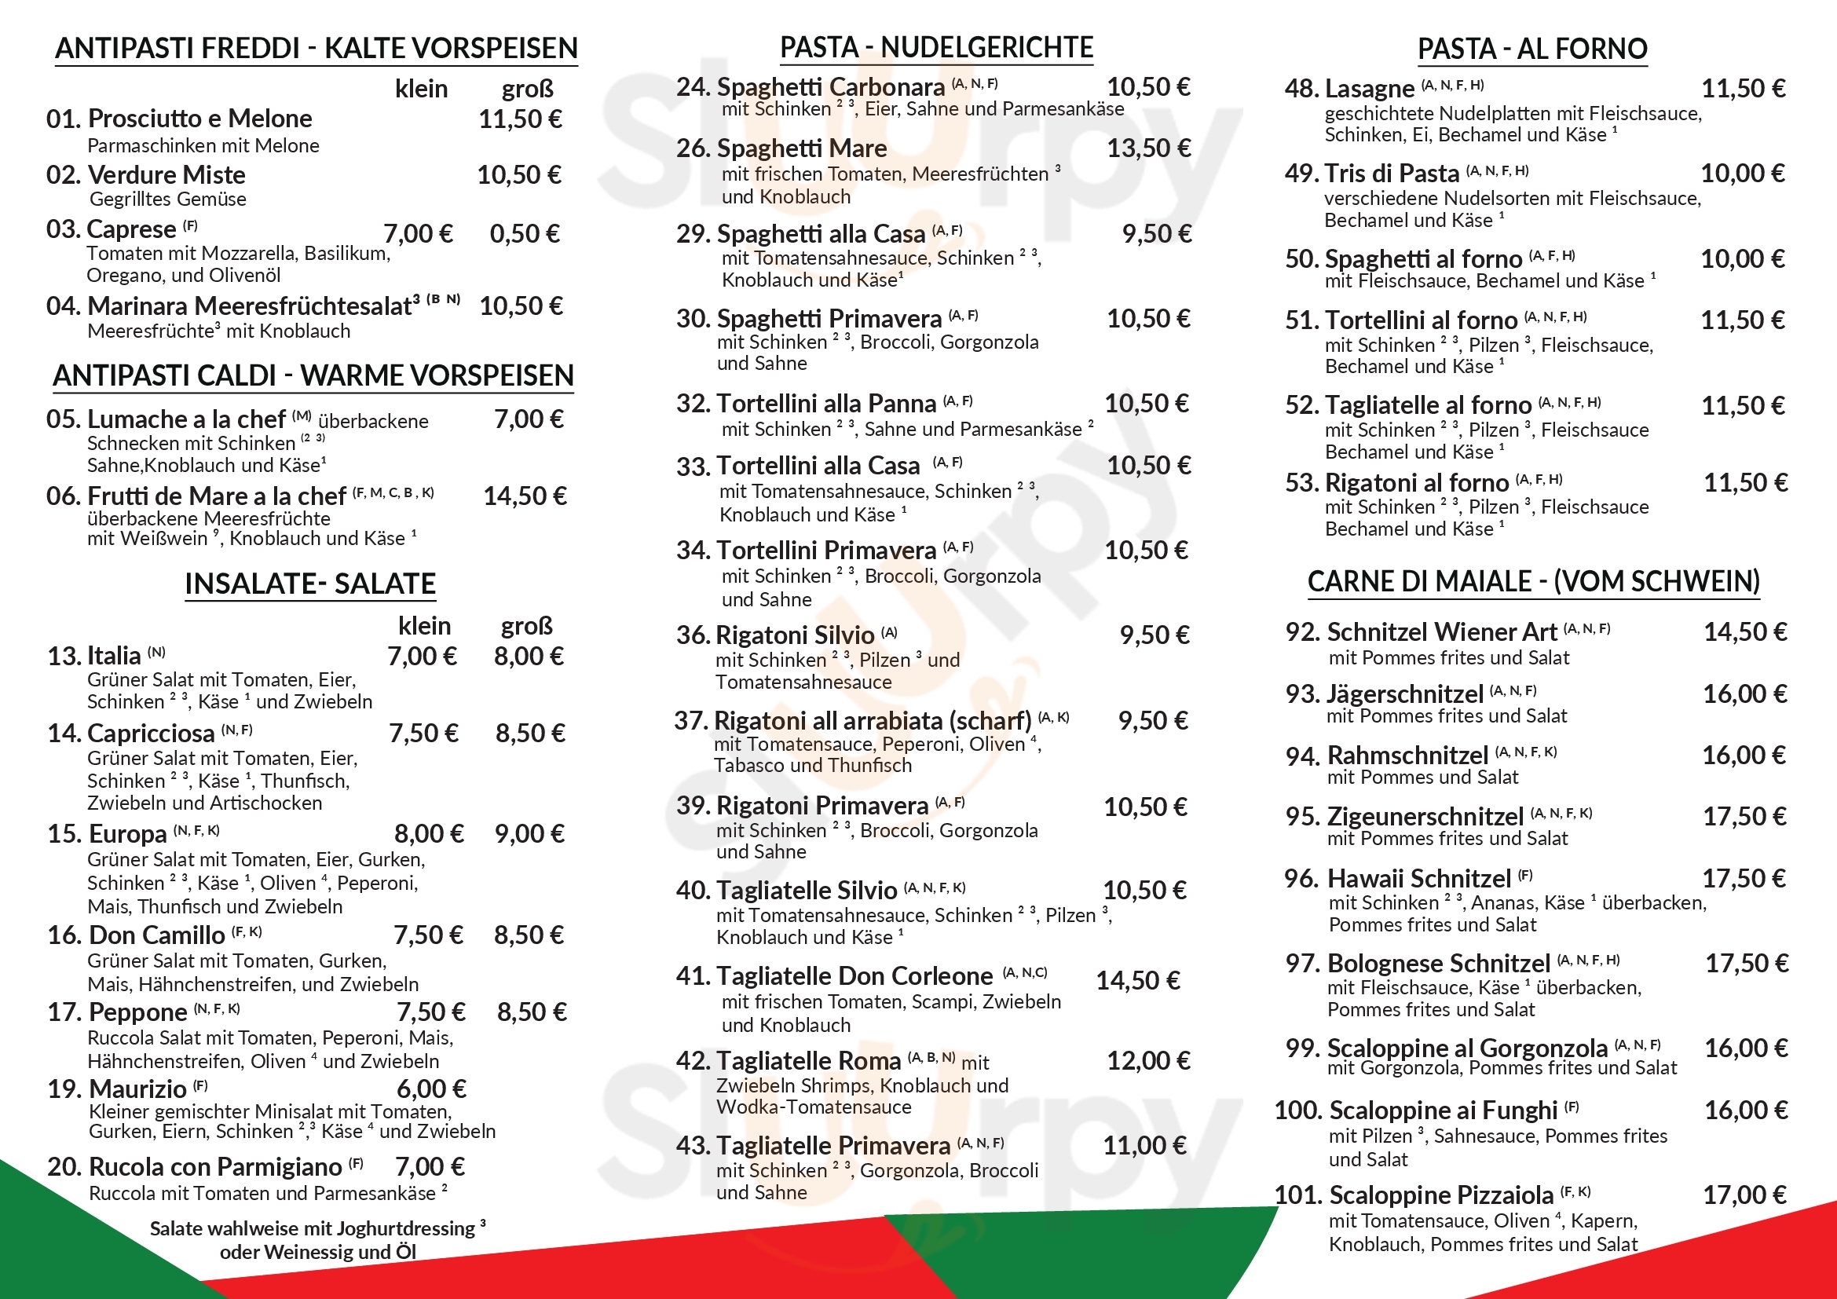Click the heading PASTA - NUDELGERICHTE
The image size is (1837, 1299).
(936, 48)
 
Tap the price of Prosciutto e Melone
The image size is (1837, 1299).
(520, 119)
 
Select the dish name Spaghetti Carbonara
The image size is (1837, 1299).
(830, 87)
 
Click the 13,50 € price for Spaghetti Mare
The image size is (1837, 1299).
(1148, 148)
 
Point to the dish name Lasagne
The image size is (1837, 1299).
(1369, 89)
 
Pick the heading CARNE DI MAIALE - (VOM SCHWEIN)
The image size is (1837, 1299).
(1534, 581)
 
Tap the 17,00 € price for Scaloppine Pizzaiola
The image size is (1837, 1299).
(1744, 1195)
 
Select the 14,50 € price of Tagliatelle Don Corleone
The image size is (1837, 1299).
(1138, 981)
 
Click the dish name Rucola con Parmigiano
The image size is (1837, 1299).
(215, 1167)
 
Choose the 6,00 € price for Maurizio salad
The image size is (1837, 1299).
(431, 1089)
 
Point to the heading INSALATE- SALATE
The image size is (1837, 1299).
(310, 584)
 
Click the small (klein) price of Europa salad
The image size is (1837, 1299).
(429, 834)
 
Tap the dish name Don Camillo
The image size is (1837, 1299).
(157, 935)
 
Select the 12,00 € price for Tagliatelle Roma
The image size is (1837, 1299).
(1148, 1060)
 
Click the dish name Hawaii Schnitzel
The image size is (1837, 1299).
(1418, 879)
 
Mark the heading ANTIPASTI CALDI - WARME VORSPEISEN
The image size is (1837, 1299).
(313, 376)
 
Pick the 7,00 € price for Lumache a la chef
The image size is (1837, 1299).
(528, 419)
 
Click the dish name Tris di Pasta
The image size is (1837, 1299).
(1392, 174)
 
